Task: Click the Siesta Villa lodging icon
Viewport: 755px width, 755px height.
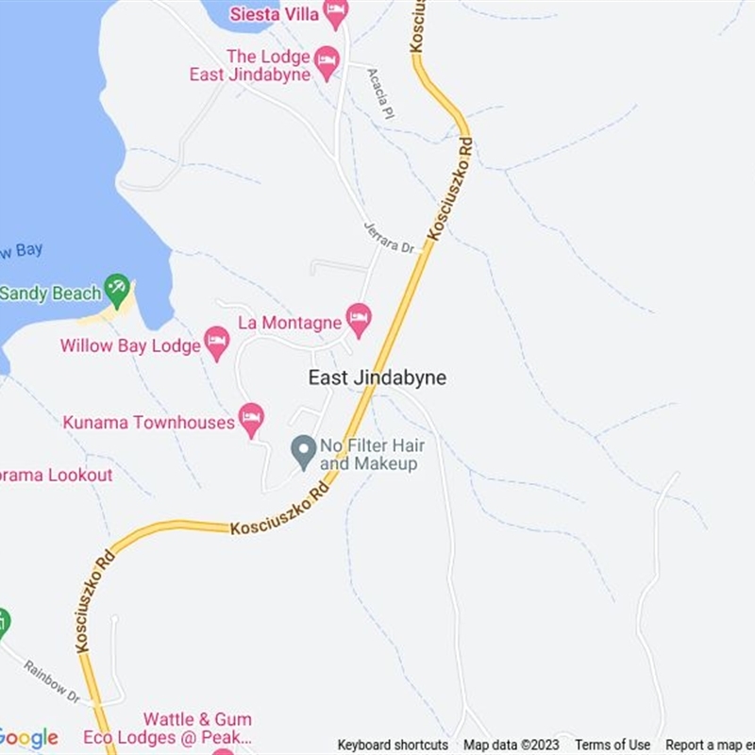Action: (x=335, y=13)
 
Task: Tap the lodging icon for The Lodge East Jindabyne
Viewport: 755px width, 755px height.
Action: (x=327, y=63)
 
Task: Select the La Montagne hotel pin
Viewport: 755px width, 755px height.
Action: (x=358, y=320)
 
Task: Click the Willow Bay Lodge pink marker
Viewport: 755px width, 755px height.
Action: (x=217, y=343)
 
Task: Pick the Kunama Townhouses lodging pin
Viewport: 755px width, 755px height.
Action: (x=251, y=419)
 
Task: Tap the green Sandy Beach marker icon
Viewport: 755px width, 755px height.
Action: (x=117, y=289)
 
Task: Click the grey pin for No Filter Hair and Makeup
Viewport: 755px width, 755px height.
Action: (x=303, y=452)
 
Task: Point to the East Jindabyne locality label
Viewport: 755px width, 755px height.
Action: (x=377, y=377)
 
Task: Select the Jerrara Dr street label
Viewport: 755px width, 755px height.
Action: (x=390, y=235)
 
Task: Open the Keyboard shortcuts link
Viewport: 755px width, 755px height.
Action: (x=393, y=746)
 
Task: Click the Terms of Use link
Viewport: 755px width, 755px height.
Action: (x=612, y=746)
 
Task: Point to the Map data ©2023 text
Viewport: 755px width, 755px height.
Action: (x=512, y=746)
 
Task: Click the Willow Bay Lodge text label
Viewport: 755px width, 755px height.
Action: (x=130, y=345)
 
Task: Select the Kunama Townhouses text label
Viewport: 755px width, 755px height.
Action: (x=149, y=422)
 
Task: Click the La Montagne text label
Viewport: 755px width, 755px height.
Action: (x=290, y=323)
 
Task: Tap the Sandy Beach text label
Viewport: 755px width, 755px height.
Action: (x=49, y=294)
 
